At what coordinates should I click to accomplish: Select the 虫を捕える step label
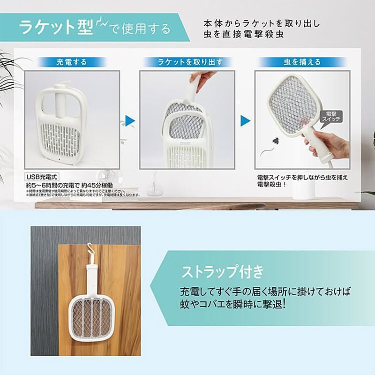click(x=302, y=62)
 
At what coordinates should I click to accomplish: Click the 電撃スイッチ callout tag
click(x=331, y=116)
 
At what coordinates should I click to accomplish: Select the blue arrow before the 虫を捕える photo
click(x=245, y=120)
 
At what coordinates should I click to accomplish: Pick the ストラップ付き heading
click(x=222, y=272)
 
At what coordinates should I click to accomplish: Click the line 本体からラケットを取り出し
click(x=262, y=23)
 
